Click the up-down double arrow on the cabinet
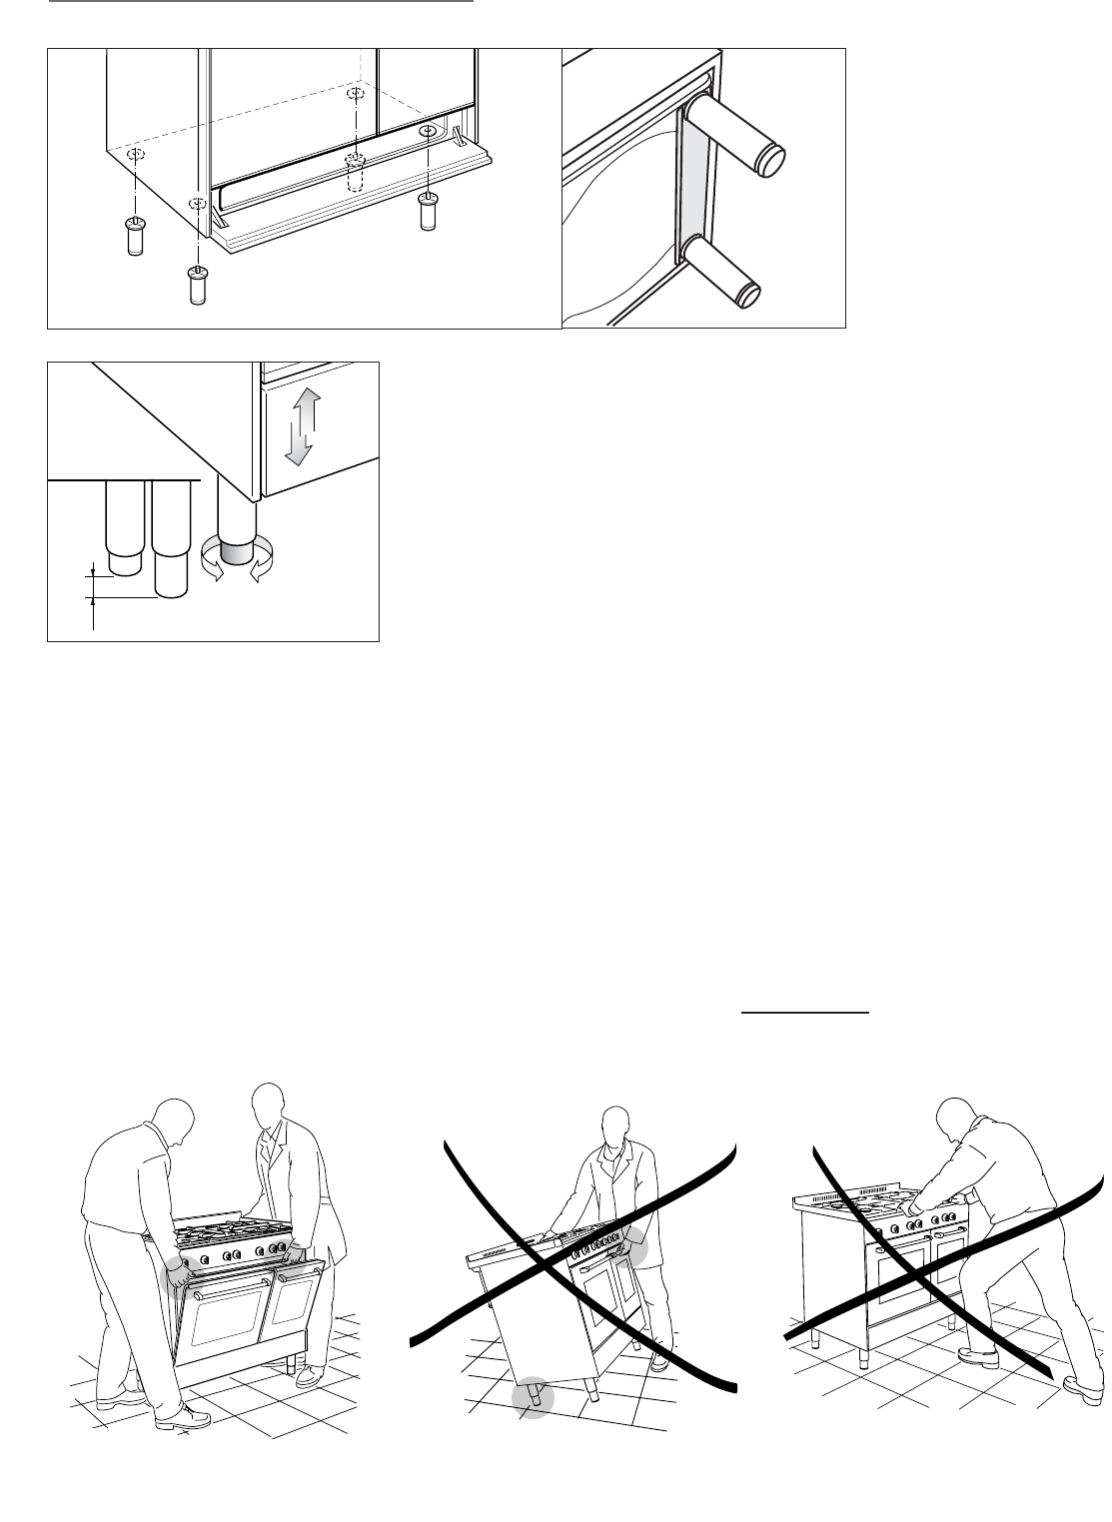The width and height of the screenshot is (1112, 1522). click(300, 427)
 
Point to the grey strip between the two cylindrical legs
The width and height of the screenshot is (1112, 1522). click(691, 185)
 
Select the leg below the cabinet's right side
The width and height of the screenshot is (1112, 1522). click(428, 211)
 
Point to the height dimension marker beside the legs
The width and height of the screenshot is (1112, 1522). click(93, 584)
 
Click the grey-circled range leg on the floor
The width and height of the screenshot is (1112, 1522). click(533, 1398)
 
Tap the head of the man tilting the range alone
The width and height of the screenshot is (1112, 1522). click(617, 1128)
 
